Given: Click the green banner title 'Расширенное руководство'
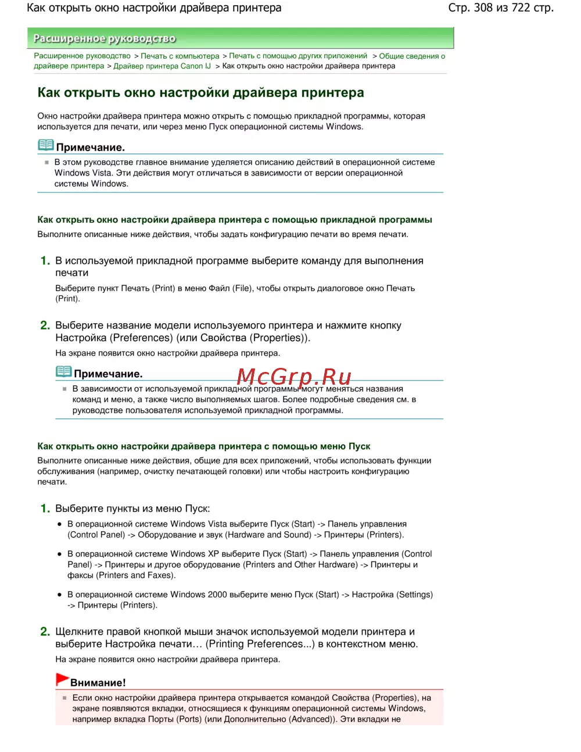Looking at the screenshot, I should click(105, 38).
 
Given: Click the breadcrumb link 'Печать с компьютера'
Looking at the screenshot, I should click(180, 56).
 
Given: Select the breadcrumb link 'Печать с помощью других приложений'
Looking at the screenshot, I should click(298, 56).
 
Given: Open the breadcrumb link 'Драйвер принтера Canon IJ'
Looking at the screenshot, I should click(162, 66).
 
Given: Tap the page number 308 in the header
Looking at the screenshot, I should click(483, 8).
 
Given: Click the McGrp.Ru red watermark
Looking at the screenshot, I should click(294, 377).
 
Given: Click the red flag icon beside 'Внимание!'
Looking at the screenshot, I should click(62, 679).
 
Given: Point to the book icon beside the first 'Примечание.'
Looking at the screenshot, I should click(46, 145).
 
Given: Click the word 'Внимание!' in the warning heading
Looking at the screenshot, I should click(98, 683).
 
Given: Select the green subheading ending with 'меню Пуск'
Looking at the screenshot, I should click(204, 446).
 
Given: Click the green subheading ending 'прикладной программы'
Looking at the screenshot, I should click(235, 220).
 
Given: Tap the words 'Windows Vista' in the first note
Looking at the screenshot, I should click(83, 173).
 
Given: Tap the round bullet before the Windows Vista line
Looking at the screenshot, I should click(59, 524).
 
